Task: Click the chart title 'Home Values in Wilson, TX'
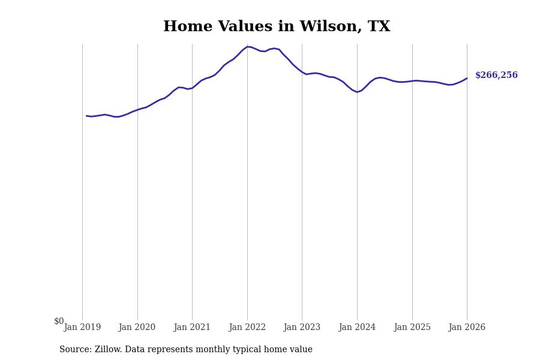[277, 27]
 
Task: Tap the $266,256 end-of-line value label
[496, 76]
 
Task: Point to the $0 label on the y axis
[59, 322]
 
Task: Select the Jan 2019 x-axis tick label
[82, 328]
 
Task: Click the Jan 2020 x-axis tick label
[137, 328]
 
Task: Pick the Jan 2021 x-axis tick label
[192, 328]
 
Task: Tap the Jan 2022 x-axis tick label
[247, 328]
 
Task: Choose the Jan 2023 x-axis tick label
[302, 328]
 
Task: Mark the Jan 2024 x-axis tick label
[357, 328]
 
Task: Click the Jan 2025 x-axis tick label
[412, 328]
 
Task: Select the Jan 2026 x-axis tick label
[467, 328]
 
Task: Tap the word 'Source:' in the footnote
[76, 350]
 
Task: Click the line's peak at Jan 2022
[247, 46]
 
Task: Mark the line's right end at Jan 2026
[467, 78]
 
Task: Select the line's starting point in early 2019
[86, 116]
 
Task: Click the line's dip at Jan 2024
[357, 92]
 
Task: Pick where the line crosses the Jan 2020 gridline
[137, 110]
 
